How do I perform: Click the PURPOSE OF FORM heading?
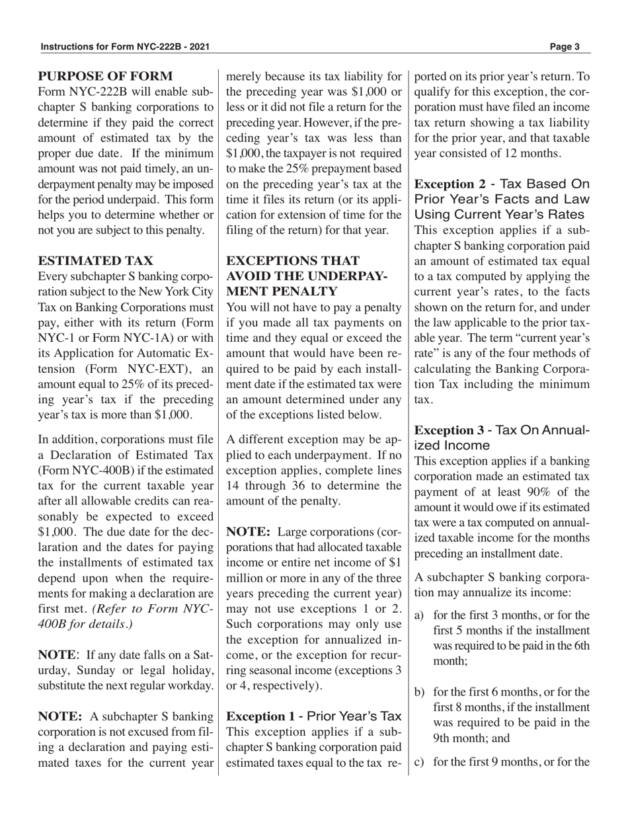pyautogui.click(x=105, y=77)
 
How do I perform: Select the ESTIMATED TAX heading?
pyautogui.click(x=95, y=261)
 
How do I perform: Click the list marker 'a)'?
pyautogui.click(x=419, y=615)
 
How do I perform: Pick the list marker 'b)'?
pyautogui.click(x=419, y=693)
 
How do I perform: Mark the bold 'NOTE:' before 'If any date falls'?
pyautogui.click(x=57, y=655)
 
